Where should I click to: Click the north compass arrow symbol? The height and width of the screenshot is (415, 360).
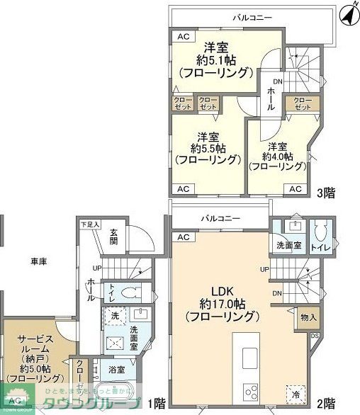coord(347,12)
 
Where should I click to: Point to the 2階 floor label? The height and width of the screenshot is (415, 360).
coord(325,404)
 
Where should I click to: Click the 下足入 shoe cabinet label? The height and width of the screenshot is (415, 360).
coord(90,224)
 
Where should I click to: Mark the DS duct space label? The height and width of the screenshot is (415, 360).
coord(314,335)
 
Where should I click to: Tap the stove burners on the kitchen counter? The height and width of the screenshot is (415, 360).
coord(252,391)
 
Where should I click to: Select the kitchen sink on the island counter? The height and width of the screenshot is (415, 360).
coord(252,354)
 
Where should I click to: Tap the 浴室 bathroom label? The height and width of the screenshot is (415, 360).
coord(117,370)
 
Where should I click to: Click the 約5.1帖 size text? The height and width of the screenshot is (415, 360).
coord(215,60)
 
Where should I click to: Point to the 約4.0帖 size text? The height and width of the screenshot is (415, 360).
coord(277,156)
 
